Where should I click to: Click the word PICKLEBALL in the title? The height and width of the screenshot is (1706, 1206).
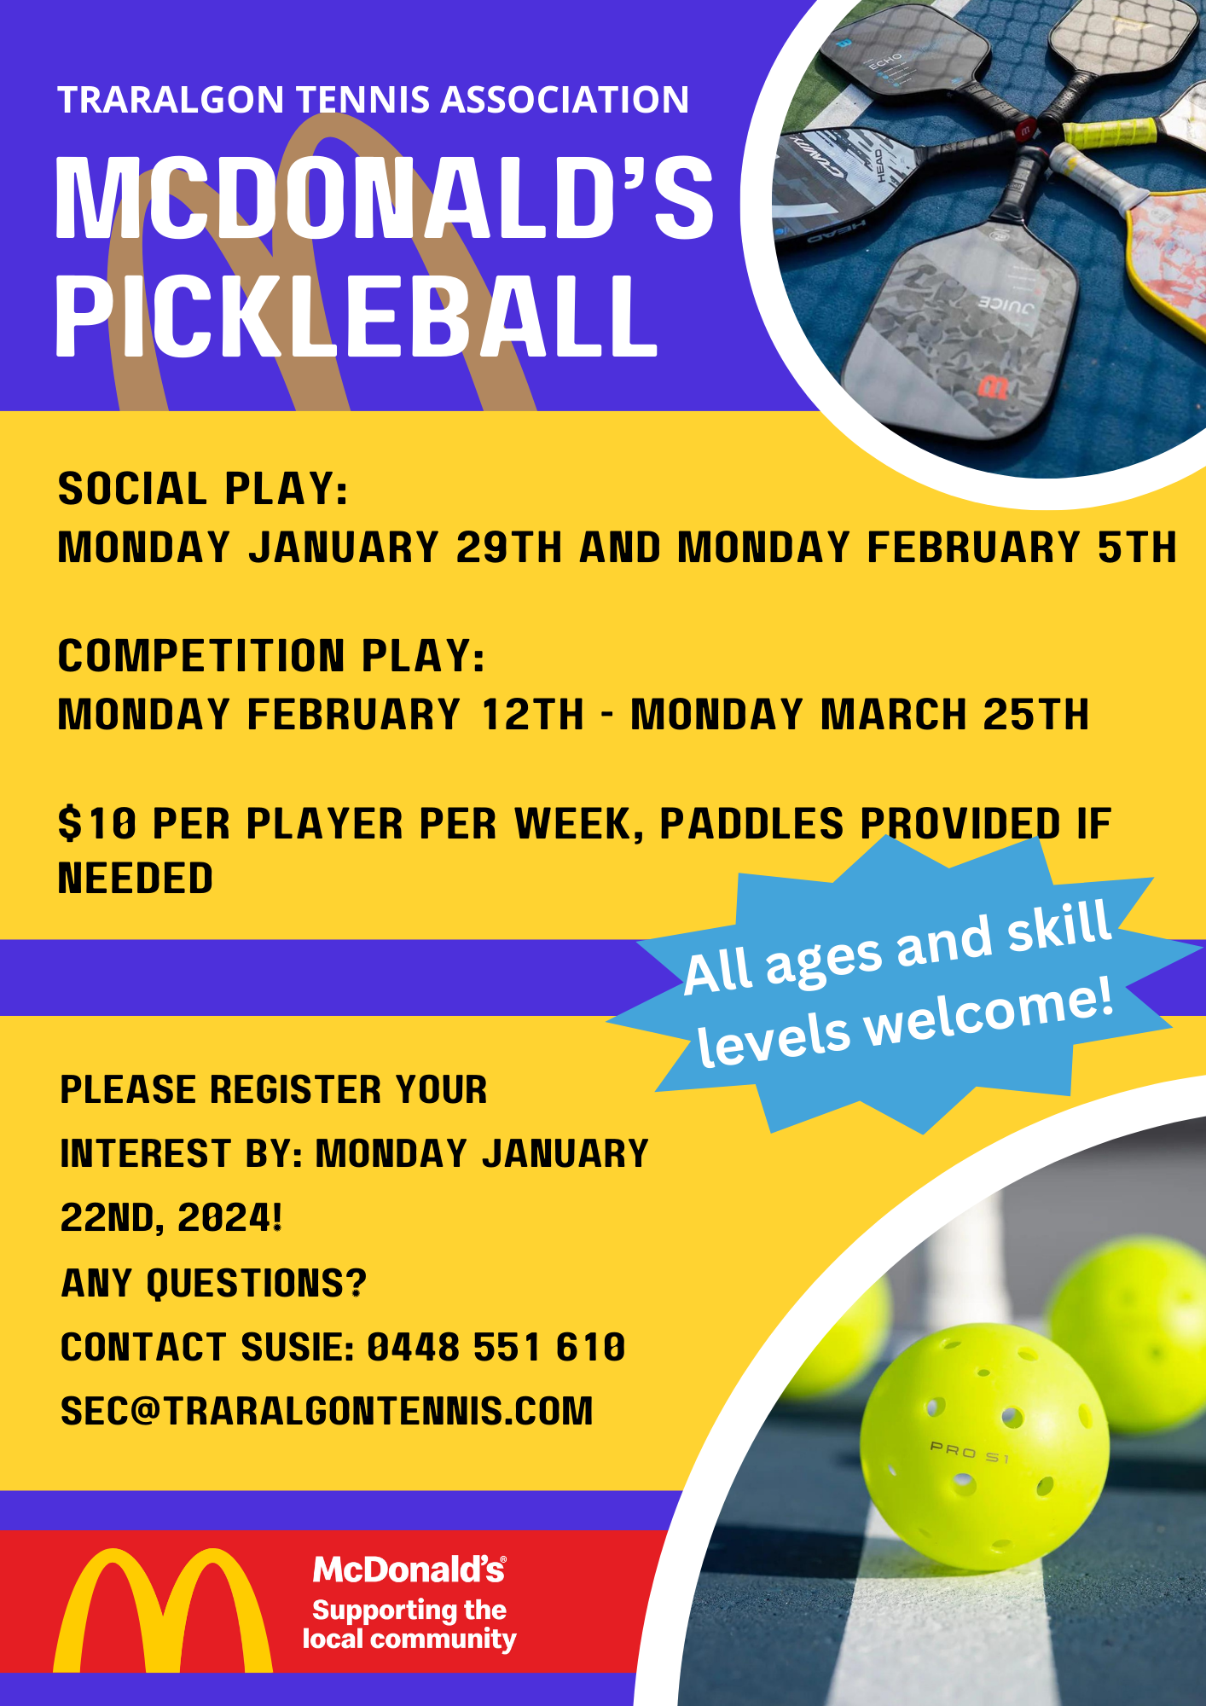point(356,316)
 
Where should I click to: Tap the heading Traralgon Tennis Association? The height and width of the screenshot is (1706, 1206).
point(373,100)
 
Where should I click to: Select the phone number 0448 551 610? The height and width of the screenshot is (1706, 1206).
point(496,1348)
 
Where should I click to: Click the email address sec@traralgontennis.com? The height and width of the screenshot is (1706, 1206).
point(327,1412)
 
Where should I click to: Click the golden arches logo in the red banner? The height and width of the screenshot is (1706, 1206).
point(163,1610)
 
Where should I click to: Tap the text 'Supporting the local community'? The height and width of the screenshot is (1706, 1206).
point(409,1624)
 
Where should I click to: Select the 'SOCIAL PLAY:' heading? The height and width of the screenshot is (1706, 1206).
point(203,489)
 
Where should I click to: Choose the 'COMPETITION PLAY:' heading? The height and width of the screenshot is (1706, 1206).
point(271,656)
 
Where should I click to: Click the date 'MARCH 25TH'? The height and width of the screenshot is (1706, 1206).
point(954,715)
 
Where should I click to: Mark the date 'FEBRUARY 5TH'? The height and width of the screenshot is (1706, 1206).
point(1022,548)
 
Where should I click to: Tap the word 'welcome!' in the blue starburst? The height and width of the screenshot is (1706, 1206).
point(990,1009)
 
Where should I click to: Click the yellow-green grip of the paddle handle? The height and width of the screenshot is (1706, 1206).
point(1110,133)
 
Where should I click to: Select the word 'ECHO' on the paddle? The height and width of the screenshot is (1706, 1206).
point(885,62)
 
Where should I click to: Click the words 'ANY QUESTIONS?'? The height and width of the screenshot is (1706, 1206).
point(213,1283)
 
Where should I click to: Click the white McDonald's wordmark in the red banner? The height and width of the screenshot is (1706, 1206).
point(409,1570)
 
